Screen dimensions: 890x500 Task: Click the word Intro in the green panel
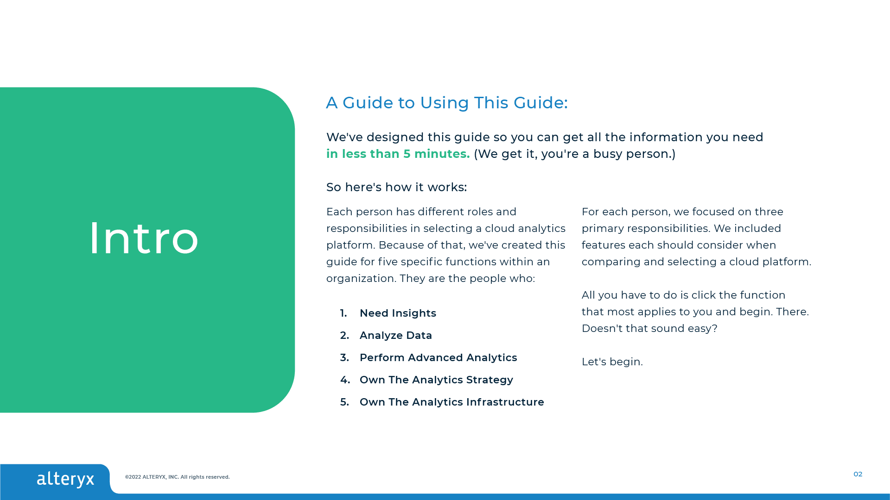tap(144, 238)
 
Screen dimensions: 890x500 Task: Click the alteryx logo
tap(65, 479)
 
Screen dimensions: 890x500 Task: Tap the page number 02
tap(858, 474)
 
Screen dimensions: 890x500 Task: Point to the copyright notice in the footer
tap(177, 477)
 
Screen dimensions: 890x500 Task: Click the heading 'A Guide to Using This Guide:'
tap(447, 103)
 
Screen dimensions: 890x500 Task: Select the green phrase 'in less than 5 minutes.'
tap(398, 154)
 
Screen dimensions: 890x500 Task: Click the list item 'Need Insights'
tap(398, 313)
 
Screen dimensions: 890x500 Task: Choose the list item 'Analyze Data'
tap(396, 336)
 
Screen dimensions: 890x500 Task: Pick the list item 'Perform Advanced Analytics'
tap(439, 358)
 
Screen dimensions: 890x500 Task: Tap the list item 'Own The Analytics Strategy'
tap(436, 380)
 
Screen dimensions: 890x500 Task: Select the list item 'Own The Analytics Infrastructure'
tap(452, 402)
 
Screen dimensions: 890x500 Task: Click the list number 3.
tap(344, 358)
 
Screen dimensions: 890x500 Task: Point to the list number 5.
tap(344, 402)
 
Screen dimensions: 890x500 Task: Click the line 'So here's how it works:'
tap(397, 187)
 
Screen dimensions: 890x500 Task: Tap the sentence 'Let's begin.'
tap(612, 362)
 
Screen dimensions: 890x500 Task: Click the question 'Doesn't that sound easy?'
tap(649, 329)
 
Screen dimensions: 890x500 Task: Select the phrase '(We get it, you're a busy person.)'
tap(575, 154)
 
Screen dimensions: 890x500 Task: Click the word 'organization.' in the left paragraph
tap(361, 279)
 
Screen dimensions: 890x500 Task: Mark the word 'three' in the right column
tap(769, 212)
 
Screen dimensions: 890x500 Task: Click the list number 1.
tap(343, 313)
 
